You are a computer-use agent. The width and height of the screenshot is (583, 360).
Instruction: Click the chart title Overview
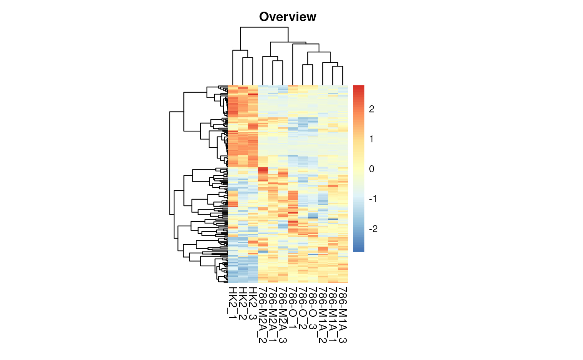click(287, 17)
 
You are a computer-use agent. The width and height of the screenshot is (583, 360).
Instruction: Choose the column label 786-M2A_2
click(263, 315)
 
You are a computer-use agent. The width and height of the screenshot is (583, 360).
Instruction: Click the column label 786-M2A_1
click(273, 315)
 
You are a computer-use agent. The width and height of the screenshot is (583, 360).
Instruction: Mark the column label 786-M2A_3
click(283, 315)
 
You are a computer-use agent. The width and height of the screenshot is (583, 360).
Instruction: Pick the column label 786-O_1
click(293, 308)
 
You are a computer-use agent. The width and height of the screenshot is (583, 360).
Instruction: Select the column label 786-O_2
click(303, 308)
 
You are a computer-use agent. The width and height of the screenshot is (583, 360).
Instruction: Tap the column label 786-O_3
click(313, 308)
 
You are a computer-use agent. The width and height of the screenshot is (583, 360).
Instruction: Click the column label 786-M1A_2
click(323, 315)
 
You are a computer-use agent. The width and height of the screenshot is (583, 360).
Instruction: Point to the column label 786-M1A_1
click(333, 315)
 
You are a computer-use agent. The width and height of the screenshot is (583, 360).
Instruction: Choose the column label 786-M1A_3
click(343, 315)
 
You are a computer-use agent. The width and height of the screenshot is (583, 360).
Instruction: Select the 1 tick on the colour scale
click(371, 139)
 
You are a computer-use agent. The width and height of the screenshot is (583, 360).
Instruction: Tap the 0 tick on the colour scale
click(371, 169)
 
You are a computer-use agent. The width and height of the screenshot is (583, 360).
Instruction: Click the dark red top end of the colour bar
click(359, 87)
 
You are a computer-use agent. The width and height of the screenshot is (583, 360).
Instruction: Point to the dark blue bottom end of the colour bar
click(359, 250)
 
